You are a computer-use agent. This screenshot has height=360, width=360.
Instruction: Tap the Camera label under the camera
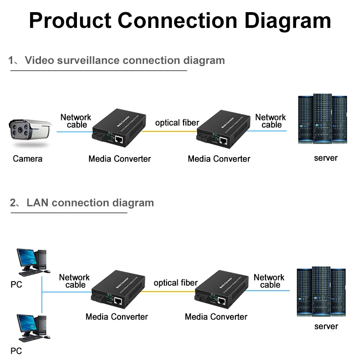tap(27, 158)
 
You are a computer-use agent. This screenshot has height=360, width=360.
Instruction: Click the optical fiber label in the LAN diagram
tap(175, 283)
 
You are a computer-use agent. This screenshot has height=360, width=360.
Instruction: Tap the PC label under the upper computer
tap(16, 285)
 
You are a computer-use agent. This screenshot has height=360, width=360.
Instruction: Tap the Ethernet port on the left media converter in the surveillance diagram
tap(119, 139)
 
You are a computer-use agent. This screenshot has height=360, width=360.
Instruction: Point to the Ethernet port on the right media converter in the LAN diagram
tap(221, 300)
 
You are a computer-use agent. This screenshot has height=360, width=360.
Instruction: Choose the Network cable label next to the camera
tap(76, 121)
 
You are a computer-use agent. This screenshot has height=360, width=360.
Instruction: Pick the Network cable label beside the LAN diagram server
tap(269, 281)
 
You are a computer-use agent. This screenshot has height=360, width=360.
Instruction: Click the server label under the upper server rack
tap(325, 158)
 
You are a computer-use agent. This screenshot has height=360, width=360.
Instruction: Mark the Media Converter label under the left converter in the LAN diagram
tap(117, 317)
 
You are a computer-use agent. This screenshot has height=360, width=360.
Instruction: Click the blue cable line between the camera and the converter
tap(72, 131)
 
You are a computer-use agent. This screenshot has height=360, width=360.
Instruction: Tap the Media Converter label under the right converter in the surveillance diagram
tap(219, 158)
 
